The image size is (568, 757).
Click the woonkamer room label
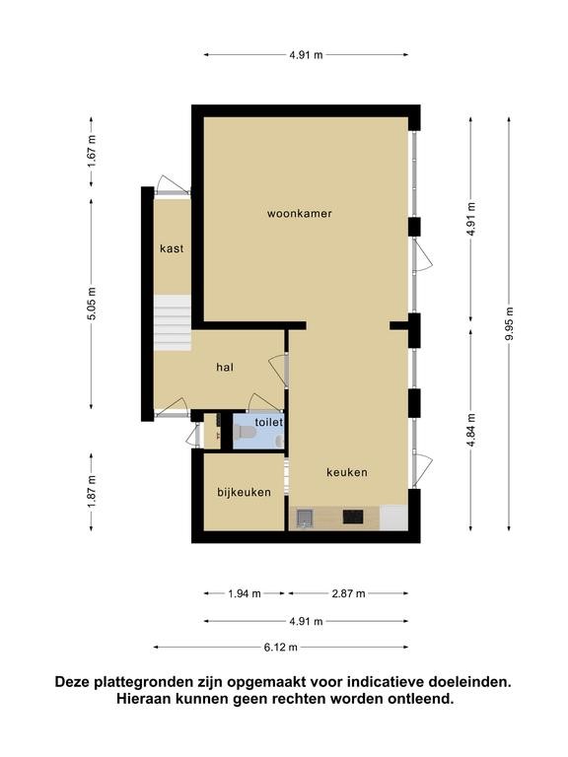pos(300,213)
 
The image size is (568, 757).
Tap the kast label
pos(172,248)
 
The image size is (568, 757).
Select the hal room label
pos(225,368)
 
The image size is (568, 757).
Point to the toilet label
pos(268,422)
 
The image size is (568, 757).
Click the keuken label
pos(347,472)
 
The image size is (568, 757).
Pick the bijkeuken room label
pos(244,493)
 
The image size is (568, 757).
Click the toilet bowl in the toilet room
pos(244,432)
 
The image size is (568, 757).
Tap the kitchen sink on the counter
pos(305,518)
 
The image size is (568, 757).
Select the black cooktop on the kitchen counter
pos(353,517)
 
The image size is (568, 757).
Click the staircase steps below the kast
pos(173,323)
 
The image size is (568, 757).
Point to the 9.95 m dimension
pos(509,323)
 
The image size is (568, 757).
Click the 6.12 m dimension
pos(281,648)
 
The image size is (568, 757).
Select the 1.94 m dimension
pos(245,593)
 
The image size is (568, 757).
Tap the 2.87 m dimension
pos(348,593)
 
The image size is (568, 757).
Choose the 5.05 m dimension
pos(92,304)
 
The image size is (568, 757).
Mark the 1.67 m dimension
pos(92,151)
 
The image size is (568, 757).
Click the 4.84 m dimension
pos(471,430)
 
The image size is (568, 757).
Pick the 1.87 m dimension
pos(92,492)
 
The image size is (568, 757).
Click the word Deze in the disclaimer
pos(72,682)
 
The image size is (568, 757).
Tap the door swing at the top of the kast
pos(173,184)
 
